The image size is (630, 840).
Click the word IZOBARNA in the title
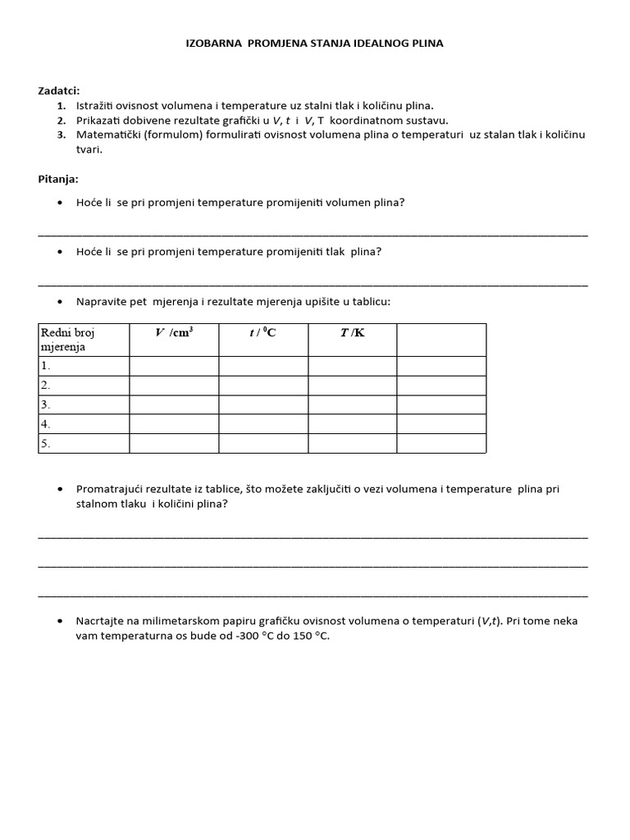pos(214,43)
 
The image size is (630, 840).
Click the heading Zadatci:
pos(59,90)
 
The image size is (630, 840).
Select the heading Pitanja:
pos(58,179)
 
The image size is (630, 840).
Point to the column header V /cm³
pos(174,332)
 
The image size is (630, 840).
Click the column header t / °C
pos(262,332)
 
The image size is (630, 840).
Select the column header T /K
pos(352,332)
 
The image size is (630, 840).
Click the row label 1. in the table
pos(46,366)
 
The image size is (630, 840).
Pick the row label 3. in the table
pos(46,404)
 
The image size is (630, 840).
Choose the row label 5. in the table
pos(46,444)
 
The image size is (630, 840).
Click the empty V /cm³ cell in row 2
pos(174,385)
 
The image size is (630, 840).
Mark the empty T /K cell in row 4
pos(352,424)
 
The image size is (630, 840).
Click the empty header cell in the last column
pos(441,340)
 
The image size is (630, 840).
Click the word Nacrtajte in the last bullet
pos(102,621)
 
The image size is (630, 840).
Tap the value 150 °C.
pos(308,636)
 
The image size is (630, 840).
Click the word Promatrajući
pos(111,489)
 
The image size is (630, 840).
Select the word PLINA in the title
pos(426,43)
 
